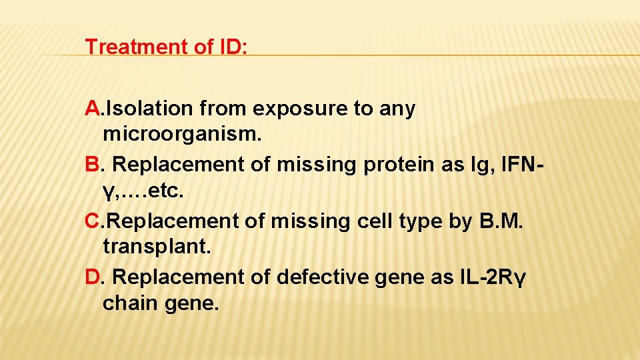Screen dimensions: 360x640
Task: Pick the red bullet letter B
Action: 93,165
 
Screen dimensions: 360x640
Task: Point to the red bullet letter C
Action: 93,221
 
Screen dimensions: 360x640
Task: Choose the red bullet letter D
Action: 93,277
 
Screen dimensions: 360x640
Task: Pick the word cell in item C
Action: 375,221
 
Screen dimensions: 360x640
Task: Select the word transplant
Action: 157,249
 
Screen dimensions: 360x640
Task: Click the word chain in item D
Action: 130,305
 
